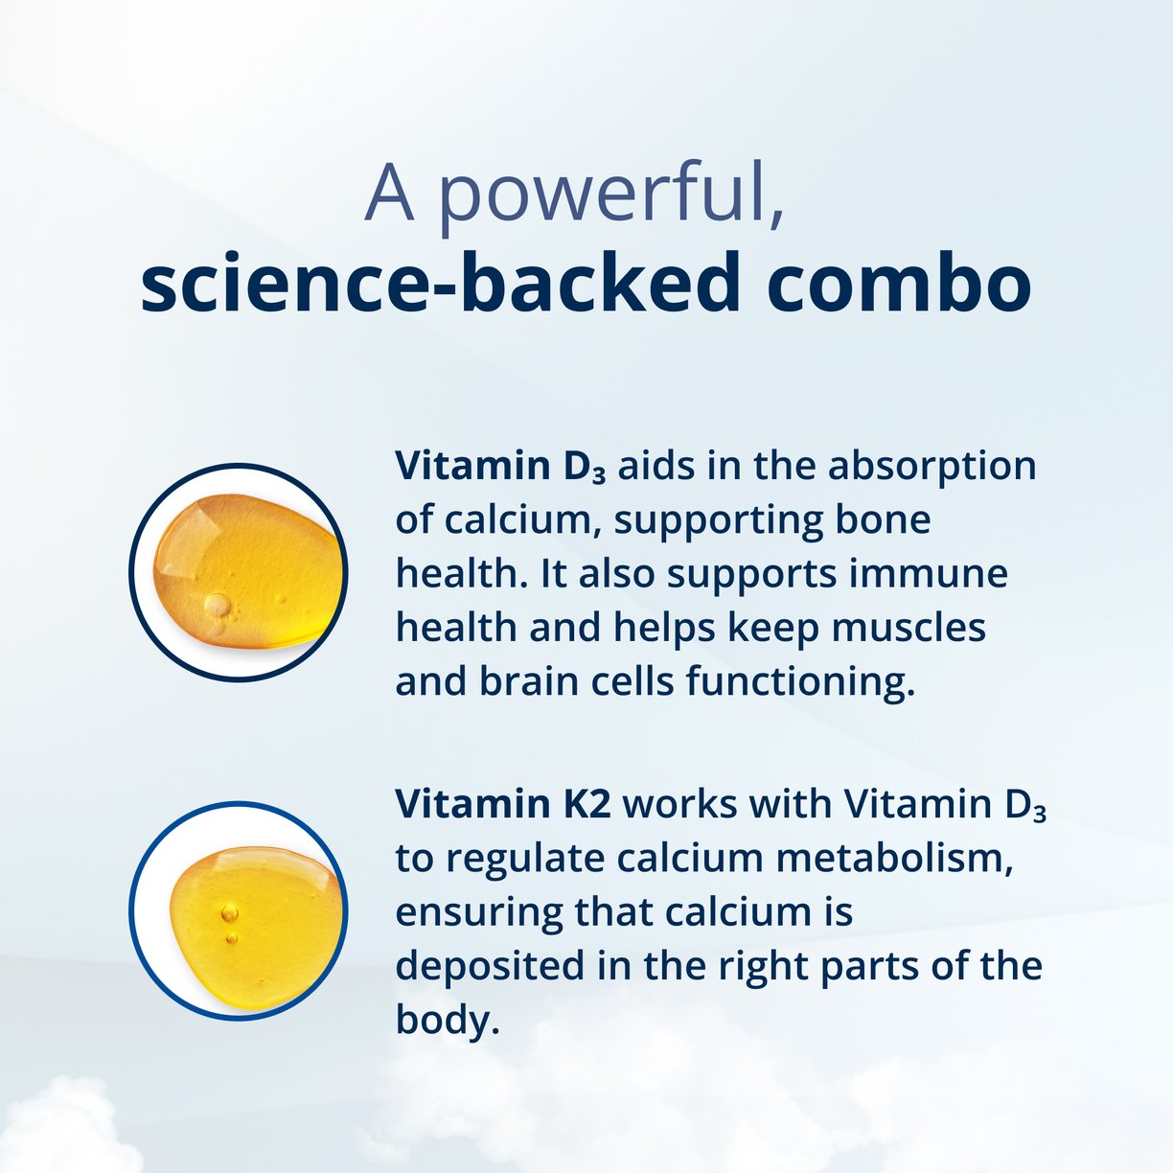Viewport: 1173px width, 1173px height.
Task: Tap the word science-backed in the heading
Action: [440, 283]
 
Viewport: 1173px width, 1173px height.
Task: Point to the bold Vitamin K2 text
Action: [502, 804]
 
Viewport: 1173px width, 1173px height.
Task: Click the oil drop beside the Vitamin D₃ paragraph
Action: [239, 572]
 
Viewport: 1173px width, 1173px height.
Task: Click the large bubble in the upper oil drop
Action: [218, 605]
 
